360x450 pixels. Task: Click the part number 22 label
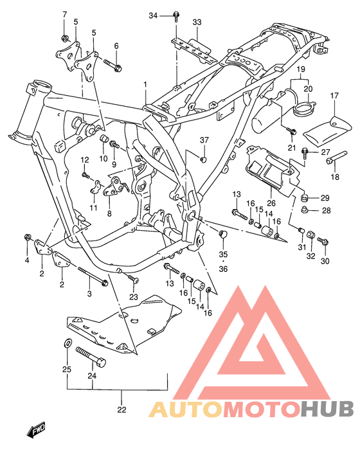pos(122,410)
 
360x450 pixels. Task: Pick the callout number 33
pos(197,22)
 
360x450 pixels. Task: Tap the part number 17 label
pos(334,96)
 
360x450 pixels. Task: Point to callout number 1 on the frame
pos(145,84)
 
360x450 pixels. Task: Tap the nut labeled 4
pos(28,239)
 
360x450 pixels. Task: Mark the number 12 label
pos(84,160)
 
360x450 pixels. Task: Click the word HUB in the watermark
pos(327,409)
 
